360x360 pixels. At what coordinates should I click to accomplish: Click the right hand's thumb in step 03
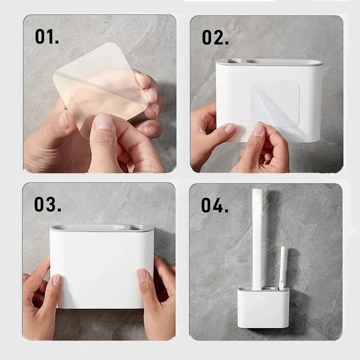[x=143, y=275]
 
